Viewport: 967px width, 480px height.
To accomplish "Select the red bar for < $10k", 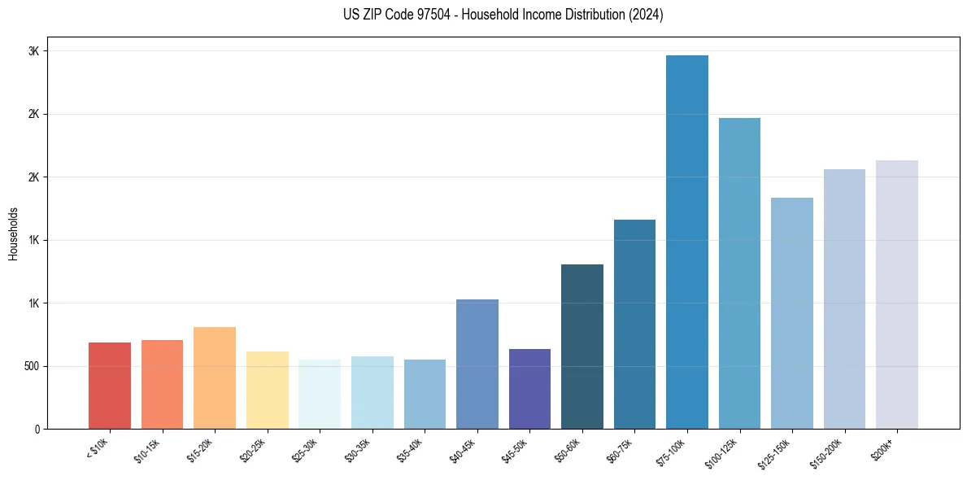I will tap(110, 386).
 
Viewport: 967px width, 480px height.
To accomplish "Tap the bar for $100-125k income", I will tap(739, 273).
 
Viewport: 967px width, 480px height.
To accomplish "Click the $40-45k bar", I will tap(477, 364).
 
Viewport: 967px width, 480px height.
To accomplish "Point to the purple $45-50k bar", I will tap(529, 389).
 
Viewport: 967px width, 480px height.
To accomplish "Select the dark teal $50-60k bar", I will tap(582, 347).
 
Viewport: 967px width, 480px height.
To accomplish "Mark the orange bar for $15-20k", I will tap(215, 377).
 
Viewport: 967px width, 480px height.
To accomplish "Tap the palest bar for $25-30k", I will tap(320, 394).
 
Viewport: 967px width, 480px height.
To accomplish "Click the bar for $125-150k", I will tap(792, 313).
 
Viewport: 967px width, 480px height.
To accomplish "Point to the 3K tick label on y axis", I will tap(33, 51).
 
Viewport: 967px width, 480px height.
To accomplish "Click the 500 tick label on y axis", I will tap(30, 366).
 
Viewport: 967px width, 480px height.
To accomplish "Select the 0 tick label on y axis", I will tap(37, 429).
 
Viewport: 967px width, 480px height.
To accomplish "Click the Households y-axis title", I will tap(14, 233).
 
